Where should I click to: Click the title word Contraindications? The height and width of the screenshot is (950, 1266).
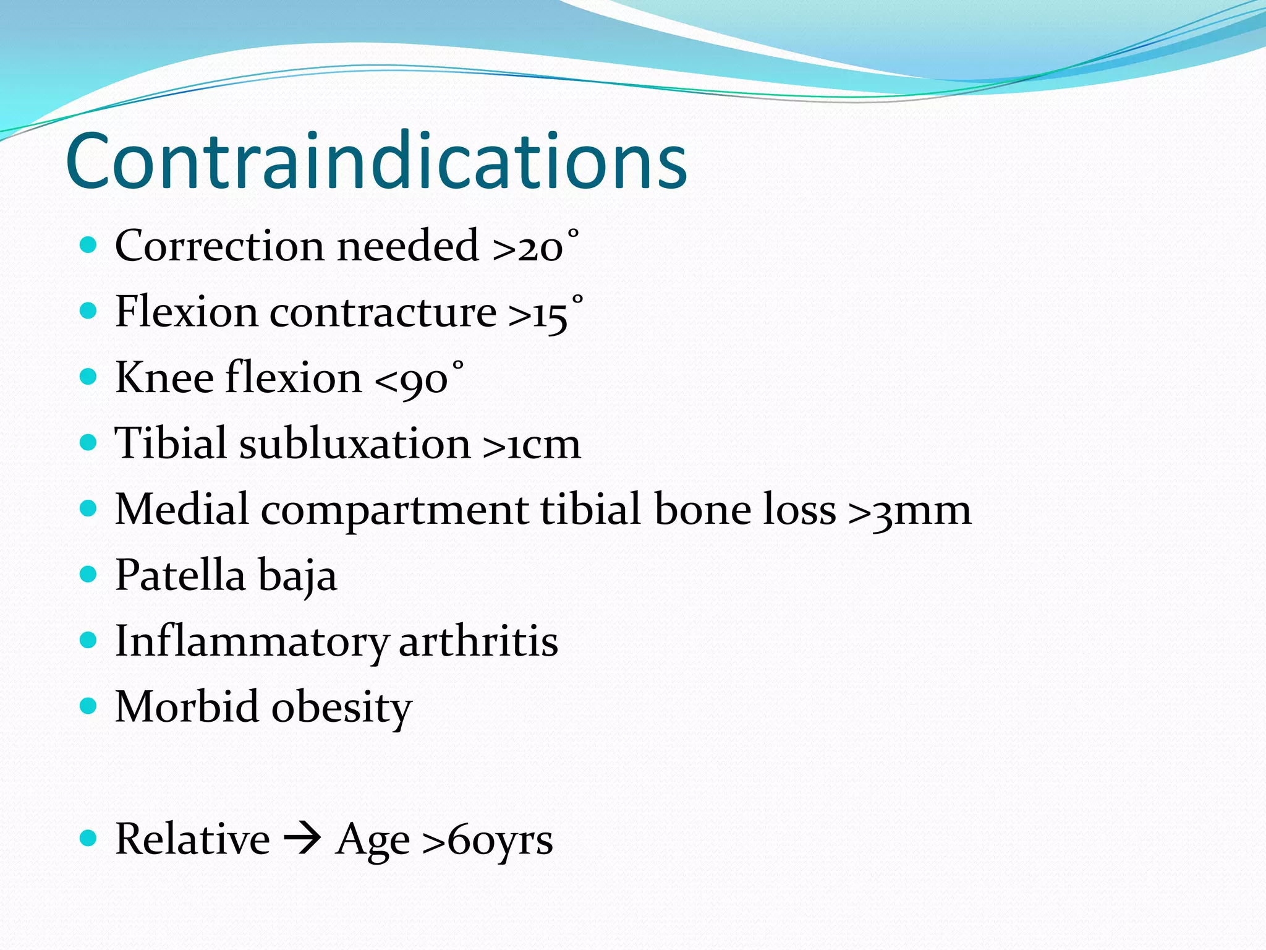pos(376,162)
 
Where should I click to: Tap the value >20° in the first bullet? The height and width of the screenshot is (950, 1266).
pos(535,246)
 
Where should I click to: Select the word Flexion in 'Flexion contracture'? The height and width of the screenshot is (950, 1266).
pos(185,312)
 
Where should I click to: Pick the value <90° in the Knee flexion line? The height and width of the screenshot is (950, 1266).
pos(419,379)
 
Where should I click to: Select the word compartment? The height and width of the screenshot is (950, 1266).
pos(394,511)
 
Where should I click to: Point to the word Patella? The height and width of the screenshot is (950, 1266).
pos(180,575)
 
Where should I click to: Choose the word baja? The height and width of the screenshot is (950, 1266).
pos(297,576)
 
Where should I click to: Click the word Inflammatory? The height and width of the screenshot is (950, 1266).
pos(251,642)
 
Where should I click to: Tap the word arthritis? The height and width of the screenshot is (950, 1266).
pos(478,642)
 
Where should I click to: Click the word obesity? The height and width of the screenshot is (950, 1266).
pos(342,708)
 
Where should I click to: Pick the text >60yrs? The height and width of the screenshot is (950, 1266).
pos(487,841)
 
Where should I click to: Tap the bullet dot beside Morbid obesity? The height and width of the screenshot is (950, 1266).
pos(89,706)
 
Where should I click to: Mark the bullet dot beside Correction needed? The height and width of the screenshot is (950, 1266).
pos(89,245)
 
